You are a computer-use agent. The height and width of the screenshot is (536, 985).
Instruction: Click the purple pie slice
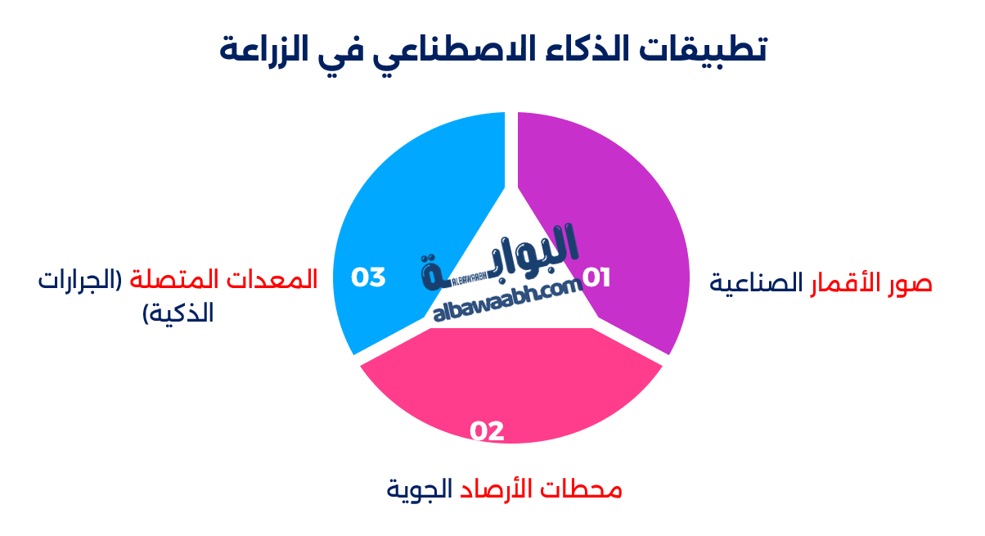pos(622,205)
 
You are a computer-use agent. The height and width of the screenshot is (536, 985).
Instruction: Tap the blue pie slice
pos(409,205)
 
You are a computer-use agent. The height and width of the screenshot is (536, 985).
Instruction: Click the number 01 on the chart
pos(596,277)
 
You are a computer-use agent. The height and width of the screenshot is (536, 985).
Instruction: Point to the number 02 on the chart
pos(487,430)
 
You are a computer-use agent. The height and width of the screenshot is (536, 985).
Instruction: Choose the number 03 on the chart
pos(368,277)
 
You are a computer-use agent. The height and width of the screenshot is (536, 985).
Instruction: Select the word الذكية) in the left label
pos(178,313)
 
